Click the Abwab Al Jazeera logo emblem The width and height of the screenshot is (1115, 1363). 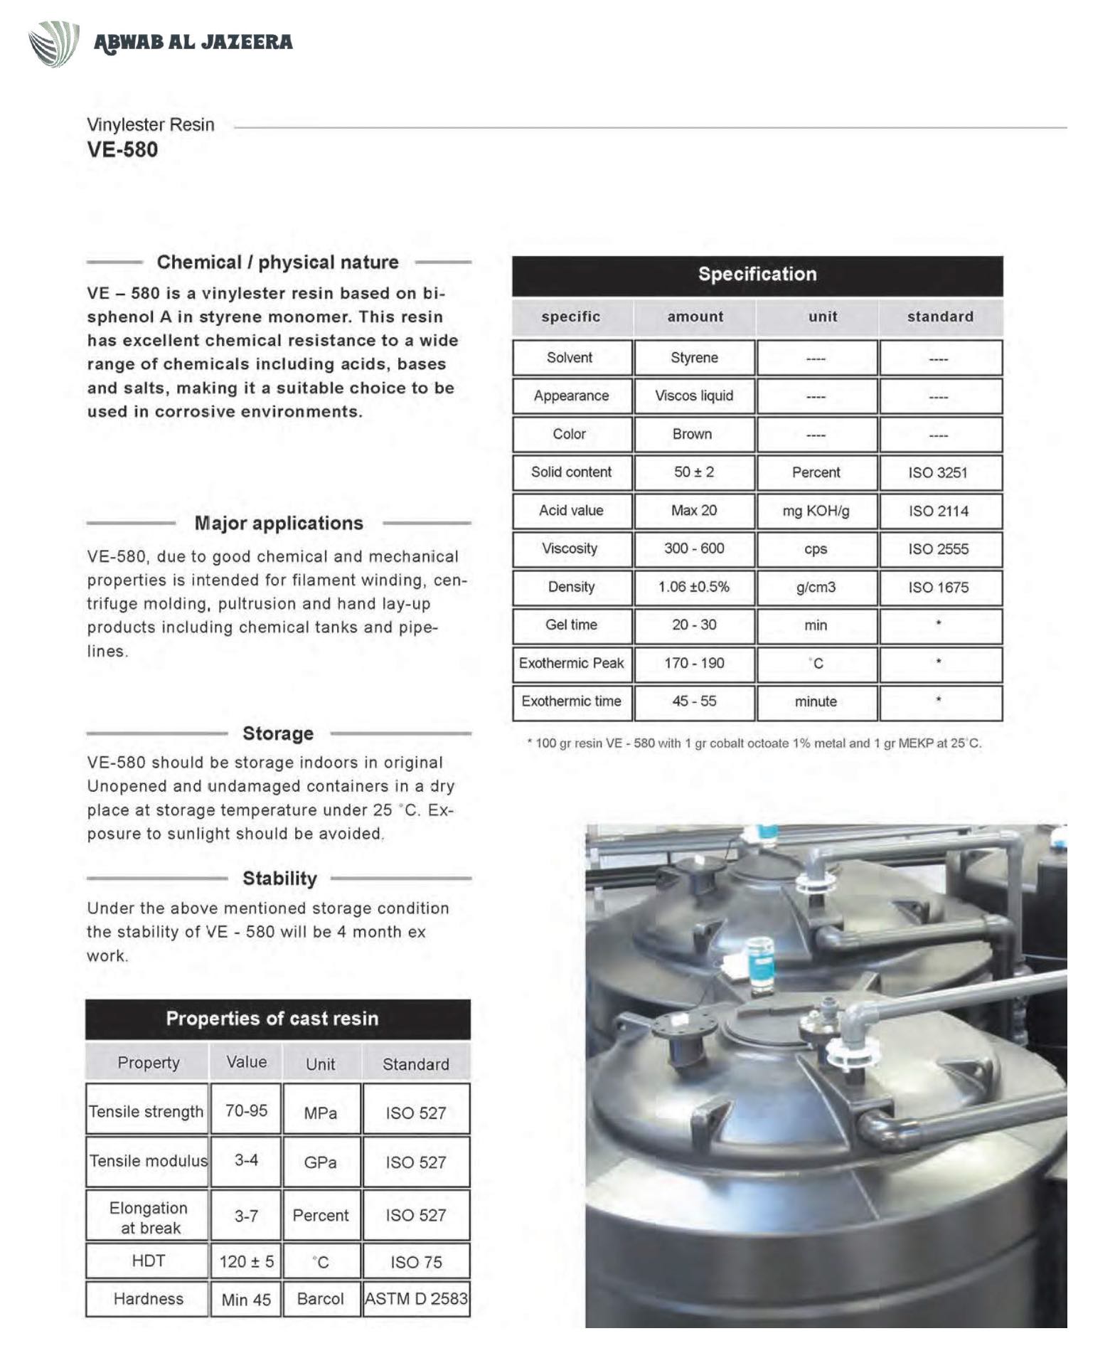tap(53, 43)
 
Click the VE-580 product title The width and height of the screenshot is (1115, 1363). tap(122, 149)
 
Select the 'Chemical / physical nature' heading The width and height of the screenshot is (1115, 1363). tap(277, 262)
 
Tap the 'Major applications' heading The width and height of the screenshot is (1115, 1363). tap(279, 524)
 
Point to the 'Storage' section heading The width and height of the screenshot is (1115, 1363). tap(278, 733)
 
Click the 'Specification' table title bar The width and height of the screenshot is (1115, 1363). tap(757, 275)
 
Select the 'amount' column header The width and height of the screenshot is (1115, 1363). tap(695, 317)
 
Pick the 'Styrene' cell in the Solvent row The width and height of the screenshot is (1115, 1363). tap(694, 358)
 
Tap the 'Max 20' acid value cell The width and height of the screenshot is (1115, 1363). tap(694, 511)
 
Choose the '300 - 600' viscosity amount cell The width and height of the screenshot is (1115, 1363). tap(694, 548)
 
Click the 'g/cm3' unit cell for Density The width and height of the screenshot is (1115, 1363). tap(816, 588)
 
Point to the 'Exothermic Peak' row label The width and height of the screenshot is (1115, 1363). tap(571, 664)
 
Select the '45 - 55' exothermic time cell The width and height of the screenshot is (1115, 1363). tap(694, 701)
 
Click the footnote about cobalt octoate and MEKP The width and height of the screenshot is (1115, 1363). tap(754, 743)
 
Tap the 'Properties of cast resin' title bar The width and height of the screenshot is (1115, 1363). tap(272, 1019)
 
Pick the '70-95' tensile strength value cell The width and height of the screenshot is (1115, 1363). tap(246, 1110)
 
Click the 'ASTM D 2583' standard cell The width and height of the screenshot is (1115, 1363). tap(416, 1299)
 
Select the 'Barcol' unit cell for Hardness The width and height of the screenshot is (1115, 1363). tap(320, 1299)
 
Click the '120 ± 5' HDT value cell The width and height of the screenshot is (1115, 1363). tap(246, 1262)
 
